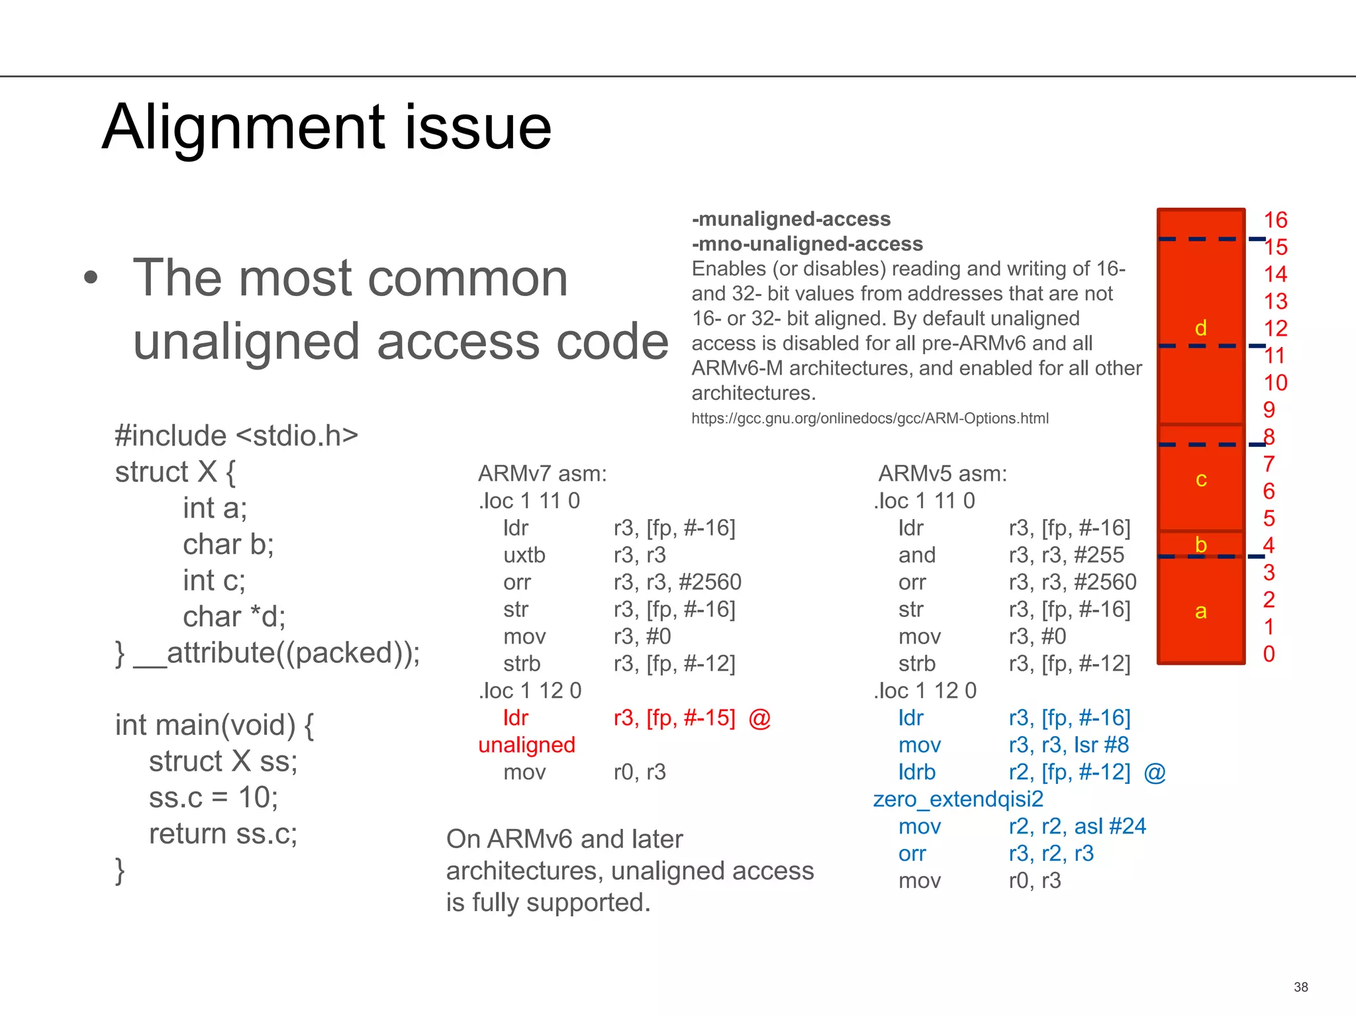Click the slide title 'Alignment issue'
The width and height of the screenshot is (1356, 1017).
326,127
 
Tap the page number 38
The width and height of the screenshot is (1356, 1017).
1300,987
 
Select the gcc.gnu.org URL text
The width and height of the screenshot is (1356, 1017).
869,418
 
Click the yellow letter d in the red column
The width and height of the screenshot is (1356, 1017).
1200,328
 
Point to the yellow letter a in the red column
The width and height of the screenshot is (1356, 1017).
1200,611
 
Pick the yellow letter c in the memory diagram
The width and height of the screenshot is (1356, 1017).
1201,479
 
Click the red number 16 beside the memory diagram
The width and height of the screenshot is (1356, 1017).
1275,220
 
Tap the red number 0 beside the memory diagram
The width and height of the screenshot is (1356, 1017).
1269,654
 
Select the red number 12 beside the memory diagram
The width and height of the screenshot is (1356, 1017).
1275,328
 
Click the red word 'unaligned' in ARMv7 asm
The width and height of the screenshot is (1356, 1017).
526,745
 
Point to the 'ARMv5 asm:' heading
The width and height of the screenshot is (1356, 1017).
942,473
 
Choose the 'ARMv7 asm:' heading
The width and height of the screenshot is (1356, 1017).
542,473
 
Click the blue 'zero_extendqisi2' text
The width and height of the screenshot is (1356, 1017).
958,799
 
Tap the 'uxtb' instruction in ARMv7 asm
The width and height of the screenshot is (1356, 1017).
524,555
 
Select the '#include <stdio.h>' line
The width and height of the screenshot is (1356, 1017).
236,436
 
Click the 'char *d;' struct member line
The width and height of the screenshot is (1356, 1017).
234,616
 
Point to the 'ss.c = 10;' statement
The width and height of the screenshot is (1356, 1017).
213,797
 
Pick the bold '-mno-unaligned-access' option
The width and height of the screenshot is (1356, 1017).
807,244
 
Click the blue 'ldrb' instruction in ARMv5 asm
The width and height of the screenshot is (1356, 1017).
917,772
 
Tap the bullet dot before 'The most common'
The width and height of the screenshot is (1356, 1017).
91,278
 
